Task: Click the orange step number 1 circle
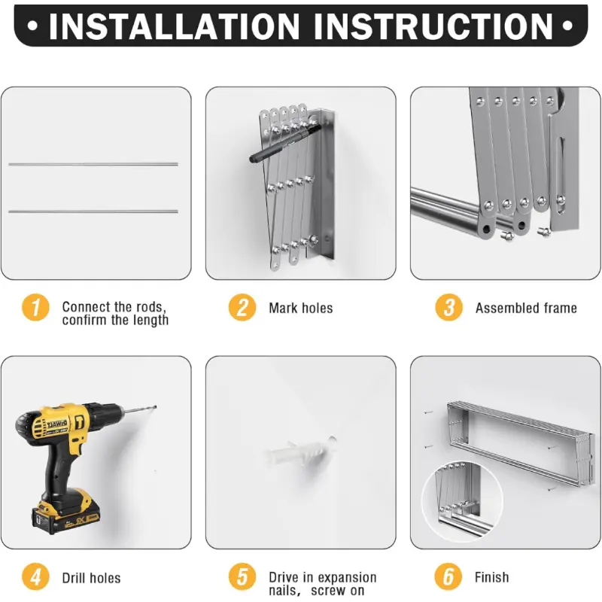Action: coord(35,307)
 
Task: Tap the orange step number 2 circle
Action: coord(242,307)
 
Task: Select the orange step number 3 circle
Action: coord(448,307)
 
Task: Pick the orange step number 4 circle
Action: coord(35,576)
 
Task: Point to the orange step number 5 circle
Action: coord(242,576)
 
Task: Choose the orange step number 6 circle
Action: coord(448,576)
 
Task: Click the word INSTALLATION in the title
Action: coord(174,26)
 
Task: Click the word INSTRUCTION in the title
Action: coord(433,26)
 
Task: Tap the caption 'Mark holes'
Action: coord(300,308)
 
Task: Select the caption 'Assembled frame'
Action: coord(526,308)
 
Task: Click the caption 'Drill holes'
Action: coord(91,578)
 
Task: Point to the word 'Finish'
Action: coord(492,577)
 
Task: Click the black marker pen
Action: coord(285,143)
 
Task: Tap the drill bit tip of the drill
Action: coord(156,406)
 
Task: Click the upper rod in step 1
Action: coord(93,164)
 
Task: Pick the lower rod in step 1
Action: coord(93,211)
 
